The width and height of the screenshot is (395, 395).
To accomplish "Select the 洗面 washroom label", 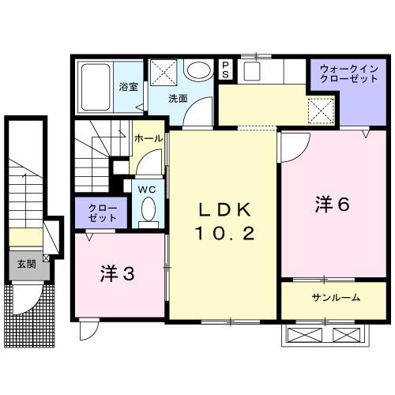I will point(178,99).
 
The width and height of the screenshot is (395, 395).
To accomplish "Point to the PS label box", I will point(226,70).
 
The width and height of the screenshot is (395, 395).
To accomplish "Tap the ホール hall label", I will point(149,138).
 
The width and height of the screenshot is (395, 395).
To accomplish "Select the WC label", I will point(146,190).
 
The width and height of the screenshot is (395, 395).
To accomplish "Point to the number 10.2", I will point(226,235).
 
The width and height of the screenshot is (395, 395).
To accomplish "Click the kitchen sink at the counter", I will point(252,71).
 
